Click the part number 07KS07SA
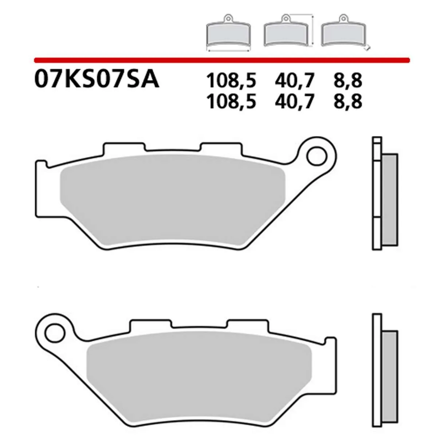point(97,79)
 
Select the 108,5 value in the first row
point(231,81)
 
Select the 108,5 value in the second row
point(231,102)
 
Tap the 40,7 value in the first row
point(294,81)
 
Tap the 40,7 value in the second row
point(294,102)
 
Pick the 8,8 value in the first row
point(347,81)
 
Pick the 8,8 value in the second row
point(347,102)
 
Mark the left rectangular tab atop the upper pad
point(122,149)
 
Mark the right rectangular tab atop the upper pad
point(220,149)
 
